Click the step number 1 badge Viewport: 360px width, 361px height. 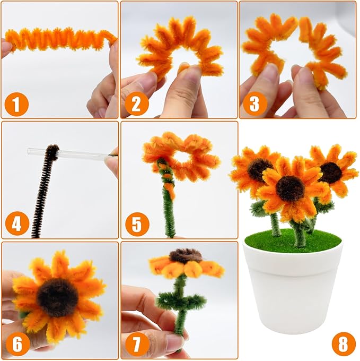16,104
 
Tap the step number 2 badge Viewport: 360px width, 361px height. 137,104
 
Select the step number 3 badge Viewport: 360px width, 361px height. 254,104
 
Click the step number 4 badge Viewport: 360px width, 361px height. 16,224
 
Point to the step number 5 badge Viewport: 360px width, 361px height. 137,224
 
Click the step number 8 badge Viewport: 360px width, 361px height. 344,344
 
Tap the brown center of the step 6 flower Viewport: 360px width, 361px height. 57,297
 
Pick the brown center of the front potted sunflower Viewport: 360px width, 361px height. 290,188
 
